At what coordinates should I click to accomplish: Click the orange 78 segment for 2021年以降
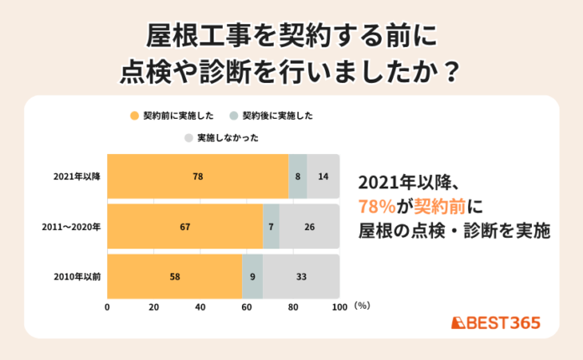tap(198, 177)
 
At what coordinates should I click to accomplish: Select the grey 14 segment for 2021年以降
tap(323, 177)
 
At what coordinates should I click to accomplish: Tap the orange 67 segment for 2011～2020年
tap(185, 226)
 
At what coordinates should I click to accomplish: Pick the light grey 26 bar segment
tap(310, 226)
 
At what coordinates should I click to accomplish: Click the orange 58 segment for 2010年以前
tap(174, 276)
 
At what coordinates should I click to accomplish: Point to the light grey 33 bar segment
tap(302, 276)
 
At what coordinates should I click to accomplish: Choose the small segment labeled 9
tap(253, 276)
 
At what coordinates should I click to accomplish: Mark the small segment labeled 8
tap(297, 177)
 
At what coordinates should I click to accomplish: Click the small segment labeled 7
tap(271, 226)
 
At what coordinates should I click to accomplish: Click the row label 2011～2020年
tap(73, 226)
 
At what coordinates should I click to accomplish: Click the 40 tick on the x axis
tap(200, 307)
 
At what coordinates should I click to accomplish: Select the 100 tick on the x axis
tap(339, 307)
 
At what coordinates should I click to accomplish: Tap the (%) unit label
tap(362, 307)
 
